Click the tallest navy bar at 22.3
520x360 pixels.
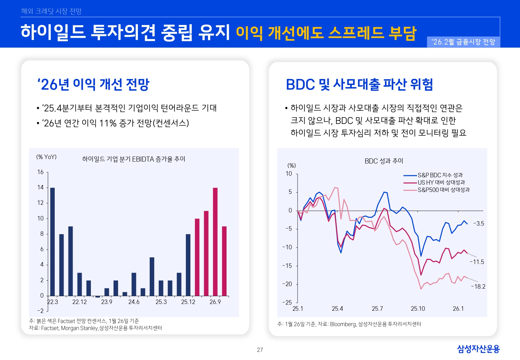(52, 242)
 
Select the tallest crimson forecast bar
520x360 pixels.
(215, 242)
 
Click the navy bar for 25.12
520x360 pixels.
(188, 265)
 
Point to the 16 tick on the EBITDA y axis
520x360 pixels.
(40, 172)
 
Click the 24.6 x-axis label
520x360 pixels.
(134, 302)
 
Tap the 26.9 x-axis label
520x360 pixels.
(215, 302)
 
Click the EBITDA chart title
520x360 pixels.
(134, 159)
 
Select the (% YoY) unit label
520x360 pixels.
(46, 157)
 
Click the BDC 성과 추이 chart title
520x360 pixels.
(384, 161)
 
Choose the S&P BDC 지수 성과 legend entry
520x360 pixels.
(440, 175)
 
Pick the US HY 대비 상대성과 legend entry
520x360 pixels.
(441, 182)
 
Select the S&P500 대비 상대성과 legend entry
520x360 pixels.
(444, 190)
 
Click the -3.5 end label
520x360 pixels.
(478, 224)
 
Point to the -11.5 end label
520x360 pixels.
(477, 262)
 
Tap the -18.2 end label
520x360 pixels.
(478, 287)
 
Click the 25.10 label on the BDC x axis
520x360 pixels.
(418, 309)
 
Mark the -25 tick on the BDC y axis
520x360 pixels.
(287, 302)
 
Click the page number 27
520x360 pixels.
(260, 350)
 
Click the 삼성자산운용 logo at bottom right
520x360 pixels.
(478, 349)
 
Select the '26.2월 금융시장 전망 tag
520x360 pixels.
(463, 42)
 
